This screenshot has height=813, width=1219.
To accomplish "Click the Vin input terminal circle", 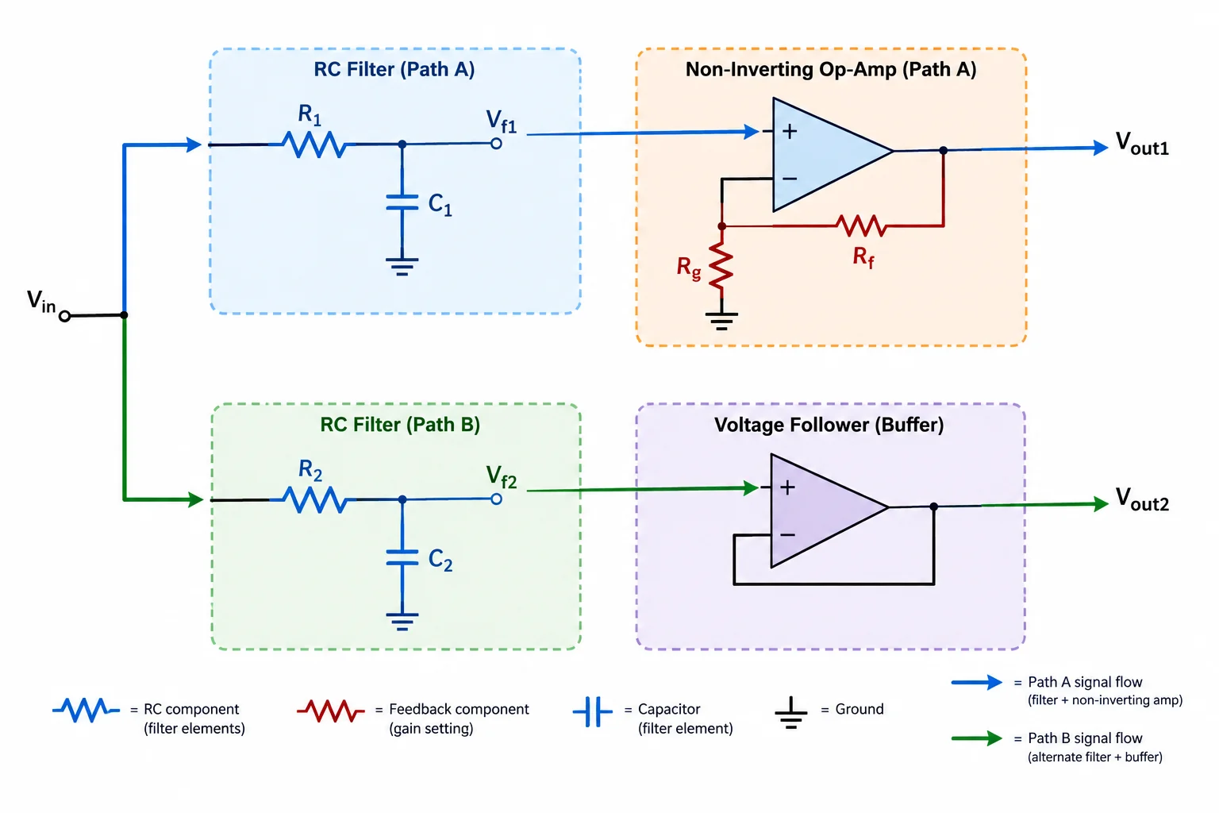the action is coord(65,316).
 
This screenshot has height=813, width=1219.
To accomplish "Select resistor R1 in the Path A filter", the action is coord(314,144).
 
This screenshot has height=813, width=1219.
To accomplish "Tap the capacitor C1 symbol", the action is coord(402,202).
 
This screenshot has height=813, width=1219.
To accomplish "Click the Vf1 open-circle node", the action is coord(496,144).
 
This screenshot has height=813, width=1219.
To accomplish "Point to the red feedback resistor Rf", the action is coord(861,225).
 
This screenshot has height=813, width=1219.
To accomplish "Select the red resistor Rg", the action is coord(721,267).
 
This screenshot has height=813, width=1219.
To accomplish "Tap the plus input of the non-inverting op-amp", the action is coord(790,131).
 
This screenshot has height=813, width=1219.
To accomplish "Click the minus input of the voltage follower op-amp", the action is coord(787,535).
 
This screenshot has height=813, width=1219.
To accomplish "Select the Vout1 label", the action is coord(1142,144).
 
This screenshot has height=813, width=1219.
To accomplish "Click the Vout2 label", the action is coord(1142,499).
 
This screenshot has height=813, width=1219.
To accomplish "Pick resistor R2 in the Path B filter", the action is coord(316,500).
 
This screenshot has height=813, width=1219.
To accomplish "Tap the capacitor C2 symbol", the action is coord(402,557).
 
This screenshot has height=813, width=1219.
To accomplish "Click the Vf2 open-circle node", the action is coord(496,499).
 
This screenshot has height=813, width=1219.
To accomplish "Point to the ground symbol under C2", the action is coord(402,622).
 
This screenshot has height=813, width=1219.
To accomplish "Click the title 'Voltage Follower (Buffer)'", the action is coord(829,425).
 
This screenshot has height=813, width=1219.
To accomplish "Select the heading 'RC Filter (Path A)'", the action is coord(394,70).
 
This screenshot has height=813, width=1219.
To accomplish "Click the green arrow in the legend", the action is coord(977,738).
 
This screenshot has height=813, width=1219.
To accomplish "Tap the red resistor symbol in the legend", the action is coord(331,710).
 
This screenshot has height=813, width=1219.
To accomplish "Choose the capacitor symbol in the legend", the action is coord(593,711).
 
